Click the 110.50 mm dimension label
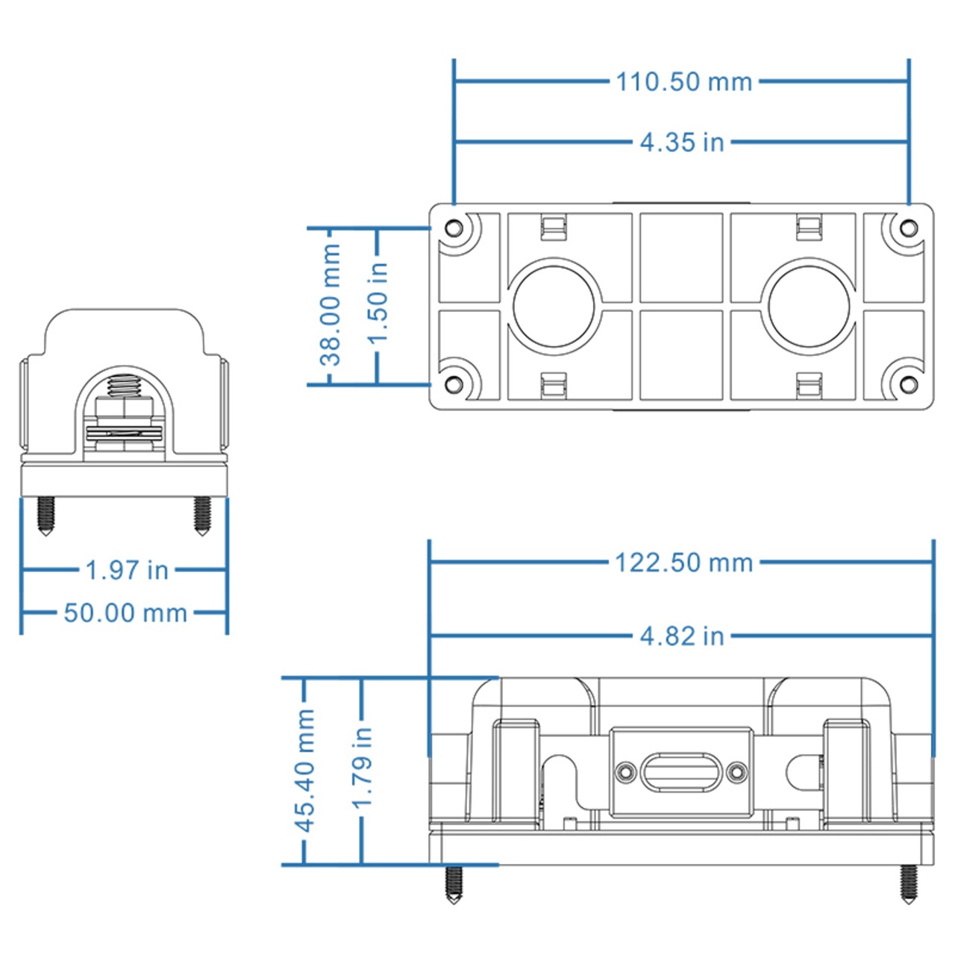coord(683,81)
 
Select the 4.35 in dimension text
coord(682,142)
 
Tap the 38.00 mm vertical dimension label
coord(330,305)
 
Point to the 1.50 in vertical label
coord(378,302)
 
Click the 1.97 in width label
coord(127,570)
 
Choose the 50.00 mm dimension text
coord(125,613)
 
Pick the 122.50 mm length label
coord(683,563)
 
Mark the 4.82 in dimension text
coord(682,636)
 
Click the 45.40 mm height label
coord(305,770)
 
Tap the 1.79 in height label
coord(362,768)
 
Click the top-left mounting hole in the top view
coord(454,228)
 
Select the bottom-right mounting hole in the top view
coord(908,384)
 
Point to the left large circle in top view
coord(554,305)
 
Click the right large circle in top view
coord(810,305)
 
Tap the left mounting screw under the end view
coord(46,516)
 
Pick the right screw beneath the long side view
coord(908,884)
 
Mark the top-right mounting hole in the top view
coord(908,228)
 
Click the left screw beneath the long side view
coord(454,885)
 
